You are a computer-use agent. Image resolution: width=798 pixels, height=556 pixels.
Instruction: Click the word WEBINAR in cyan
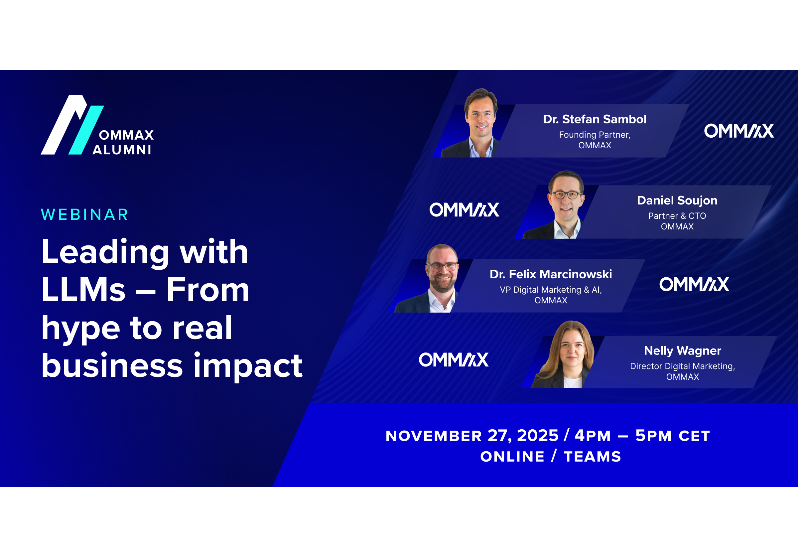(84, 214)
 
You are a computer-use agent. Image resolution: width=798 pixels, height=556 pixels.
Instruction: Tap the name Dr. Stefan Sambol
(595, 119)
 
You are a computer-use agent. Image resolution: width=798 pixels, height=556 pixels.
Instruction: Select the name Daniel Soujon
(677, 201)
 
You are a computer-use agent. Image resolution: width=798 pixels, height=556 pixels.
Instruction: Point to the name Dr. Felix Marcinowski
(551, 274)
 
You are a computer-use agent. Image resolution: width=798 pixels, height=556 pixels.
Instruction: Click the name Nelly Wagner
(683, 350)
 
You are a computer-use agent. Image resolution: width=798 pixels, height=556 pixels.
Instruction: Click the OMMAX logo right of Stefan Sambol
(739, 131)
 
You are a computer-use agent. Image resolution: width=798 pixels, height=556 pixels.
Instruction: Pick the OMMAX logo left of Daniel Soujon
(465, 210)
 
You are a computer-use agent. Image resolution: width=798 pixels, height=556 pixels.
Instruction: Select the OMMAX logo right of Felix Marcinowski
(694, 284)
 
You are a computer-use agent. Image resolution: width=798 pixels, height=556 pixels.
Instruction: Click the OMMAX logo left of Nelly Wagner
(454, 360)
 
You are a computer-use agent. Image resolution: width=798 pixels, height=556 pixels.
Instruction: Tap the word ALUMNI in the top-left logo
(122, 150)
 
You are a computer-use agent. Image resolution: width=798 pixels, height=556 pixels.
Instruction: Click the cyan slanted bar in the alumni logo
(86, 130)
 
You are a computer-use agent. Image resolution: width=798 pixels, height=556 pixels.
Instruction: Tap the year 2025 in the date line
(538, 435)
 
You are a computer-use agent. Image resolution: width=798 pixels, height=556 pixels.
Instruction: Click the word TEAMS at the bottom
(593, 456)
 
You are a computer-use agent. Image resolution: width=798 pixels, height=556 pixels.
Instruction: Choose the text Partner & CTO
(677, 216)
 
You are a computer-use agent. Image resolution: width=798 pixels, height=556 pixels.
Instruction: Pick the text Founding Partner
(595, 134)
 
